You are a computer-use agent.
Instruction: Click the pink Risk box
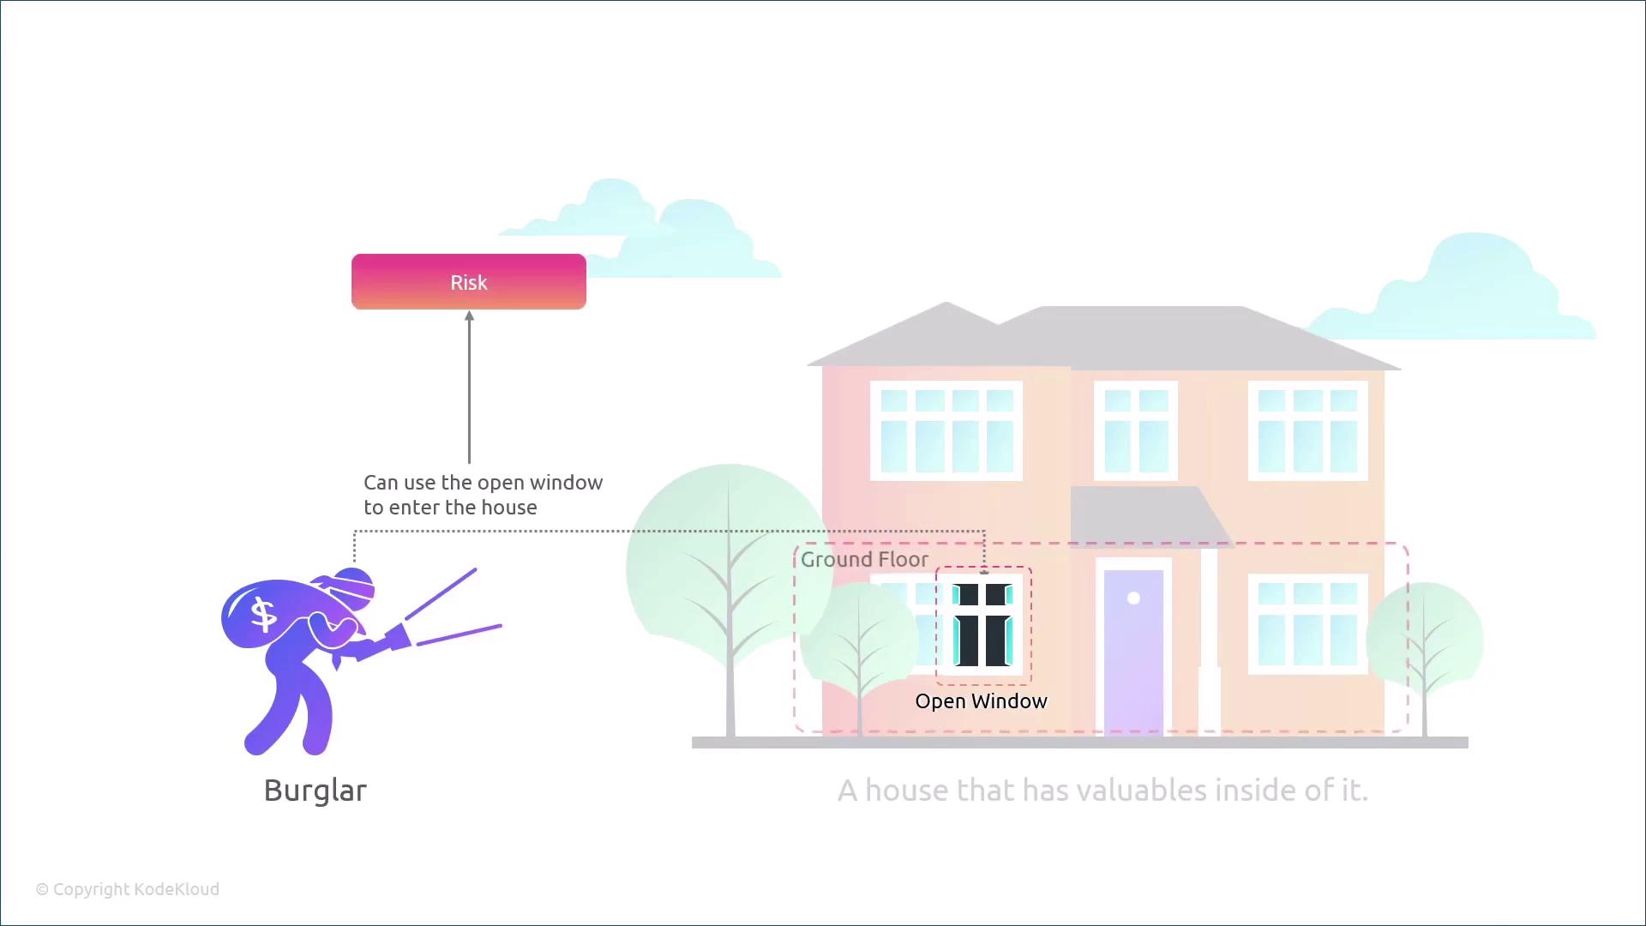[468, 282]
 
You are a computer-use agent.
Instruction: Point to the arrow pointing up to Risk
[469, 386]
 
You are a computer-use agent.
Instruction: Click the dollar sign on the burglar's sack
[263, 614]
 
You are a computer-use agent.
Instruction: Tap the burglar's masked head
[353, 586]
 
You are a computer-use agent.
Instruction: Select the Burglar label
[315, 791]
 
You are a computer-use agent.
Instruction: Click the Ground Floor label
[864, 560]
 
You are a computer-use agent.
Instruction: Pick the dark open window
[982, 625]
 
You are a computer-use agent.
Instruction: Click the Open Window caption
[981, 701]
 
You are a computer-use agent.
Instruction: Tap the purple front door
[1133, 652]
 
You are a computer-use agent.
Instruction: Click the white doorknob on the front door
[1133, 598]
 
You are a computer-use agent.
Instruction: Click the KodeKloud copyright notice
[128, 889]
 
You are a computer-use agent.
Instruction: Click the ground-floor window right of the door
[1307, 623]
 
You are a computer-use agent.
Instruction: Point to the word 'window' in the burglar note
[566, 483]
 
